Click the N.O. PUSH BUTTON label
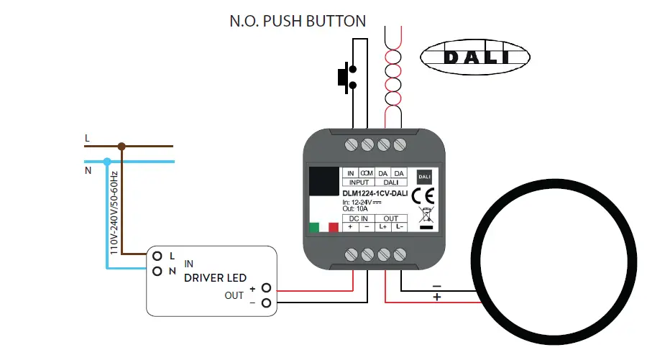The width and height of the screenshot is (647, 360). tap(298, 21)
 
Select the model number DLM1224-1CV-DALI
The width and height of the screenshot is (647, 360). tap(375, 193)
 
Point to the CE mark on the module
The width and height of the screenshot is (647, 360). tap(423, 195)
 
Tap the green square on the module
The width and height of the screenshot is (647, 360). tap(314, 228)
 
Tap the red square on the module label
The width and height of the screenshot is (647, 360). tap(333, 228)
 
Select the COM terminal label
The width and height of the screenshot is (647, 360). tap(367, 173)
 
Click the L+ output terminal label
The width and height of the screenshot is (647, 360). tap(383, 227)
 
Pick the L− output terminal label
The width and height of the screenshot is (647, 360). tap(400, 227)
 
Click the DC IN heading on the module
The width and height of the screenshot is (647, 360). tap(359, 218)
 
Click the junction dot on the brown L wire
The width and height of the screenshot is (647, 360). tap(122, 147)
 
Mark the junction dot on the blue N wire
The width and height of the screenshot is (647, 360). tap(107, 162)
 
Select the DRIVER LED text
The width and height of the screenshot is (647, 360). tap(215, 278)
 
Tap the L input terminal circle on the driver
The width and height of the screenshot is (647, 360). tap(156, 256)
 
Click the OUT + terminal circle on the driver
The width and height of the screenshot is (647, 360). tap(266, 288)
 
